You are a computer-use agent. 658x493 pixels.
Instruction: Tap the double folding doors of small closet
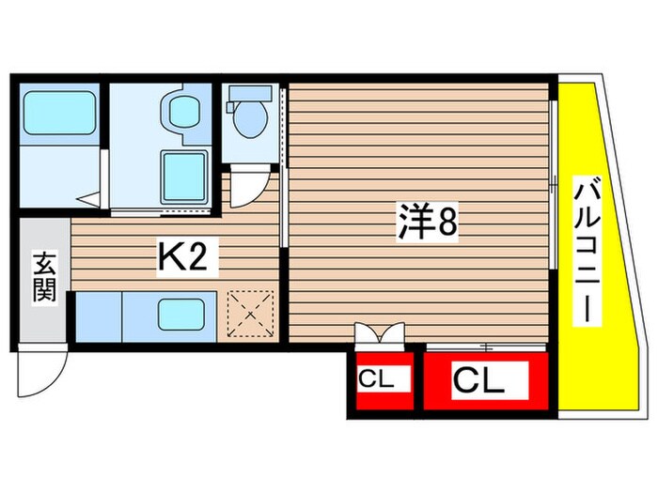point(380,334)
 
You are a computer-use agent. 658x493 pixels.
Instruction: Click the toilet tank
point(248,94)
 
